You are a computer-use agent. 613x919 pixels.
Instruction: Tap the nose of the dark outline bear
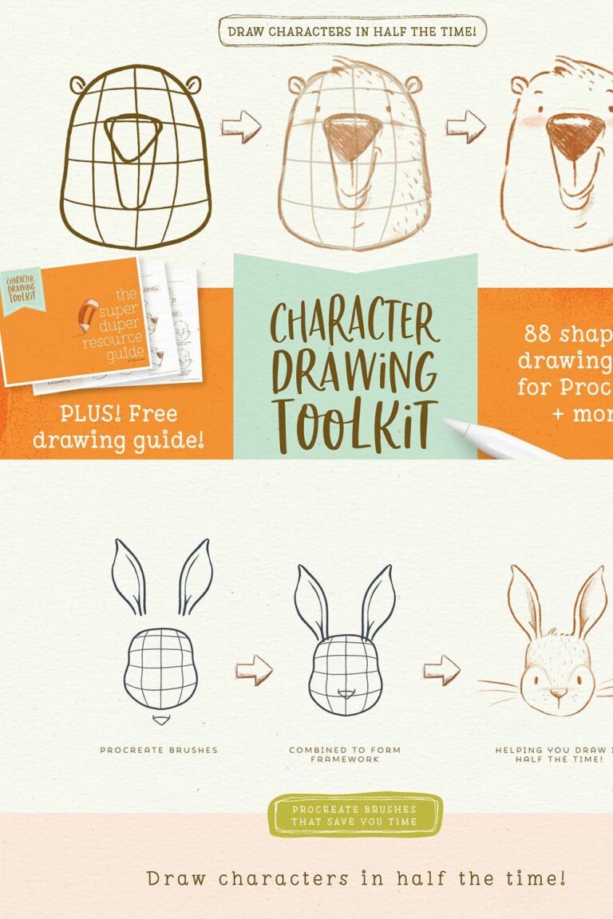[127, 136]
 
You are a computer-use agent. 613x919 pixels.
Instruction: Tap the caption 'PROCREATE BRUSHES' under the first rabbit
[159, 750]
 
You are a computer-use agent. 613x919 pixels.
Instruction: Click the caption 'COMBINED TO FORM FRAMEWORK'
[345, 754]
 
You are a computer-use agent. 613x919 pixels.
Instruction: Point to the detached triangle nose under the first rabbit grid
[162, 720]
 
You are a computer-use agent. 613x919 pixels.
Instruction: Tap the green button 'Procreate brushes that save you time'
[354, 814]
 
